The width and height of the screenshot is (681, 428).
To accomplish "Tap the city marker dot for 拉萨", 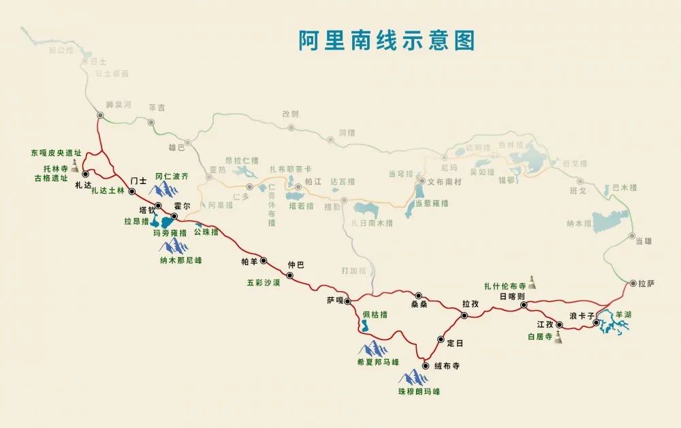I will coord(633,283).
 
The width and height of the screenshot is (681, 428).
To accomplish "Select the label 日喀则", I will coord(511,296).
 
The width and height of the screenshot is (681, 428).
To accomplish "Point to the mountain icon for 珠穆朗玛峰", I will coord(414,376).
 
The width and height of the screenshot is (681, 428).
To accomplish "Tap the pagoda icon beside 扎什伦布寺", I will coord(532,282).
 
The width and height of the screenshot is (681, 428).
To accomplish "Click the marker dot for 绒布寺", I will coord(426,366).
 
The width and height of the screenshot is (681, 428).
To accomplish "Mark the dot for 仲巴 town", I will coord(289,275).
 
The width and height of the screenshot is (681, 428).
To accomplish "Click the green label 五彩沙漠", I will coord(264,281).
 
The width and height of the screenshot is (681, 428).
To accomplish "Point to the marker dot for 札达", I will coord(86,175).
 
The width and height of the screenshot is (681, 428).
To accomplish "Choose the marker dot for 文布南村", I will coord(422,181).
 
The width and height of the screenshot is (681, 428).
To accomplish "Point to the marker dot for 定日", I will coord(441,340).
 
